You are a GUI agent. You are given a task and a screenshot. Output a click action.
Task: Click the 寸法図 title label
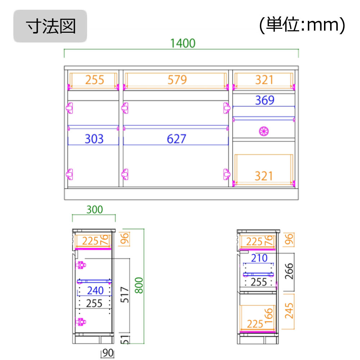click(x=50, y=26)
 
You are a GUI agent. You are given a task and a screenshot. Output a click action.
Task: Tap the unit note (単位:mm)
click(x=302, y=25)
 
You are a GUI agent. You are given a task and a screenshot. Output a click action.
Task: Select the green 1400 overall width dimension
click(x=183, y=44)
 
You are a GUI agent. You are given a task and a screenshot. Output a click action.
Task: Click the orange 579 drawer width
click(x=177, y=80)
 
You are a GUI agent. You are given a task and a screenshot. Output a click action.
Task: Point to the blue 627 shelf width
click(x=176, y=139)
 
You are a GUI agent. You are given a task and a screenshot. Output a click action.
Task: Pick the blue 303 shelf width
click(x=94, y=139)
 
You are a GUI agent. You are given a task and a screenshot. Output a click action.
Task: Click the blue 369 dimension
click(x=265, y=100)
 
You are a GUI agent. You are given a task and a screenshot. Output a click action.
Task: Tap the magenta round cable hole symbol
click(x=264, y=131)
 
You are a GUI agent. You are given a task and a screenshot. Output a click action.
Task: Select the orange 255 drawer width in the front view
click(x=95, y=80)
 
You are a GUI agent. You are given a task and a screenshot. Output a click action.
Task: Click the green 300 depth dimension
click(x=95, y=210)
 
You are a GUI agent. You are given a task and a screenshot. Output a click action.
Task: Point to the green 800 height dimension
click(x=139, y=285)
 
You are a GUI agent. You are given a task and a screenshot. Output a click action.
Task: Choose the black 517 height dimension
click(x=125, y=294)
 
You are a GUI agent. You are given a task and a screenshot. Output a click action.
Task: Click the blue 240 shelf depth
click(x=95, y=291)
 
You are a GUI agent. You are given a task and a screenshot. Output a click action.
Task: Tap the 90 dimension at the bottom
click(x=108, y=353)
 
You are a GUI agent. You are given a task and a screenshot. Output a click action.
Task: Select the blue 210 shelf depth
click(x=259, y=258)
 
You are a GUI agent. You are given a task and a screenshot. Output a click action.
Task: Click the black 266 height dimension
click(x=289, y=271)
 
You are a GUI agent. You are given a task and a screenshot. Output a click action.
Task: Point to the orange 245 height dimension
click(x=289, y=311)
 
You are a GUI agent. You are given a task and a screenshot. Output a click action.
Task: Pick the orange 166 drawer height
click(x=269, y=316)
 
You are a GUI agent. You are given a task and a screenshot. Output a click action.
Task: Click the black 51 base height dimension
click(x=125, y=339)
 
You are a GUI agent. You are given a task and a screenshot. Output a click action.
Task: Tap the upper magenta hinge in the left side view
click(x=81, y=265)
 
